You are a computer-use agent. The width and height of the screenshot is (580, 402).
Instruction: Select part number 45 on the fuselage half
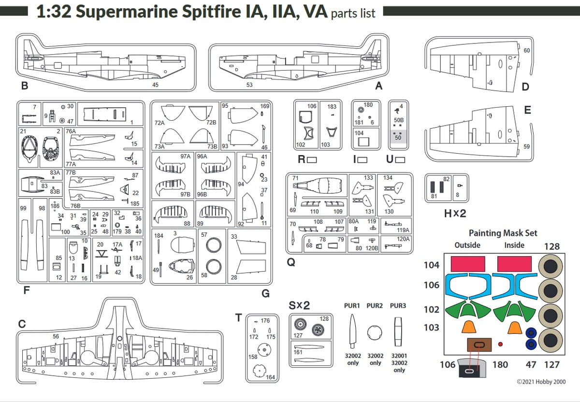tap(155, 85)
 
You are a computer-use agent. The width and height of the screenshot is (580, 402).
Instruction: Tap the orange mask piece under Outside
tap(467, 327)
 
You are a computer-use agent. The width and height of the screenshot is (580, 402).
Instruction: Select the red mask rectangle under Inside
tap(514, 264)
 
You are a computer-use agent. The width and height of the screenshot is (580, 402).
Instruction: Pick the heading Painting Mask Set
tap(503, 233)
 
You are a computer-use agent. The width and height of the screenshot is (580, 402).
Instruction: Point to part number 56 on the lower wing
tap(56, 336)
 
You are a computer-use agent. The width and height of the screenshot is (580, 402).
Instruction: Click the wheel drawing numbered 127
tap(301, 324)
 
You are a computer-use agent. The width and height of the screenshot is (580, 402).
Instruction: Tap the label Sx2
tap(299, 306)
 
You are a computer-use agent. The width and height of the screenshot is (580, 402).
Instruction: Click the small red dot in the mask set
tap(500, 345)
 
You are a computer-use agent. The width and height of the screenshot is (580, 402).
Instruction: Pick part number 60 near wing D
tap(526, 50)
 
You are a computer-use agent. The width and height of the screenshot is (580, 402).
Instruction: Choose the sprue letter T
tap(238, 317)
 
